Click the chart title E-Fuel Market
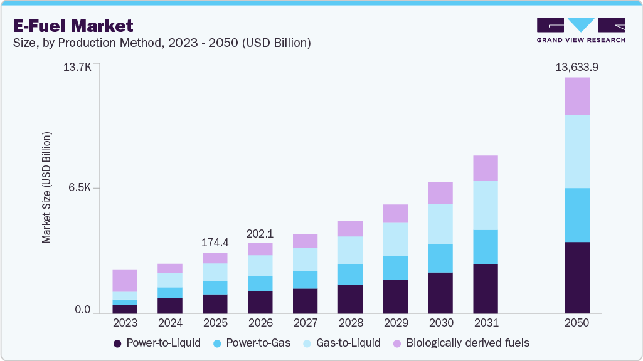[73, 26]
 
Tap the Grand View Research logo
[581, 30]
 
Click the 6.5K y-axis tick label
[80, 188]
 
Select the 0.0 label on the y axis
[83, 310]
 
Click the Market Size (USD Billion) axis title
[46, 188]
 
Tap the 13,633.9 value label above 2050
[577, 67]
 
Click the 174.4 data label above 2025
[215, 242]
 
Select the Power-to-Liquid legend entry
[157, 343]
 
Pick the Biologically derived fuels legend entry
[461, 343]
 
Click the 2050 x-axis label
[577, 323]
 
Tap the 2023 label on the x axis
[125, 323]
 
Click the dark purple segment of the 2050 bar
[577, 277]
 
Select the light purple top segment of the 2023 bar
[125, 281]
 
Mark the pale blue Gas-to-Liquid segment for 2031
[486, 206]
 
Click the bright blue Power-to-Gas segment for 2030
[440, 258]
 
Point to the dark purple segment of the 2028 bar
[350, 299]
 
